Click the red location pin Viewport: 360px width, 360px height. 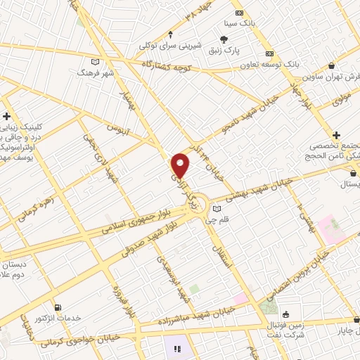181,165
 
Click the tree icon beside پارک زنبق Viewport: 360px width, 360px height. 224,39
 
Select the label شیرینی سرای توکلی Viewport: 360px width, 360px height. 171,46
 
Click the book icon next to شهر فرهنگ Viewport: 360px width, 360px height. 96,62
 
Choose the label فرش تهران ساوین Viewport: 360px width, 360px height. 330,75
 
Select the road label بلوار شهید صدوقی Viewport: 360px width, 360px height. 158,238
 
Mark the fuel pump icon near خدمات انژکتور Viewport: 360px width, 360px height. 58,307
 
